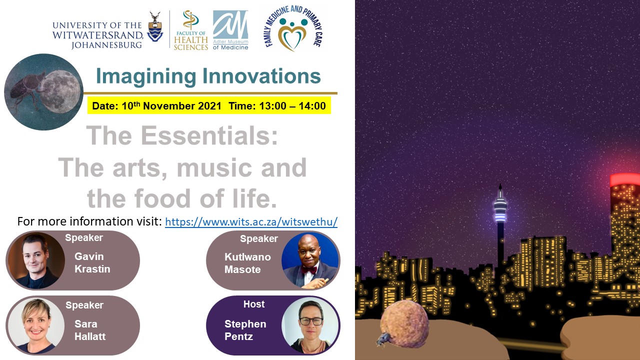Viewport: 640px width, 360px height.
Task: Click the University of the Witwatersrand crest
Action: pyautogui.click(x=155, y=27)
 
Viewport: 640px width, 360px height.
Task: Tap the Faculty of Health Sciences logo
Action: pyautogui.click(x=190, y=30)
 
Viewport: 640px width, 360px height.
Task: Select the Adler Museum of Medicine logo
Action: pyautogui.click(x=230, y=30)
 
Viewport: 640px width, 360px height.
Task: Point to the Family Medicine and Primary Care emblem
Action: pyautogui.click(x=293, y=28)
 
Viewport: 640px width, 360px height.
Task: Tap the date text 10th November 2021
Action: pyautogui.click(x=171, y=105)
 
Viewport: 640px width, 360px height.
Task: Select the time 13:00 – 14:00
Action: pyautogui.click(x=292, y=106)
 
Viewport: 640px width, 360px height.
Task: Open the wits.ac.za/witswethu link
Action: pyautogui.click(x=251, y=221)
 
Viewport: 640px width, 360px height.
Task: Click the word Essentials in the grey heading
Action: pyautogui.click(x=209, y=135)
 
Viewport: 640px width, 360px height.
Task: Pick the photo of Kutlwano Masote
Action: pyautogui.click(x=310, y=260)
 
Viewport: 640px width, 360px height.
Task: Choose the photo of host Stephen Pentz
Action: pyautogui.click(x=310, y=325)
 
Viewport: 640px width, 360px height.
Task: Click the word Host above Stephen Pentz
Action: pyautogui.click(x=254, y=304)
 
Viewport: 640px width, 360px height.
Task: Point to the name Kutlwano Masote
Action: pyautogui.click(x=247, y=263)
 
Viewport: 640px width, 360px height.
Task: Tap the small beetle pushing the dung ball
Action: pyautogui.click(x=383, y=339)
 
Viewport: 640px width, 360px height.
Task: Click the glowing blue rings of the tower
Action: pyautogui.click(x=500, y=210)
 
